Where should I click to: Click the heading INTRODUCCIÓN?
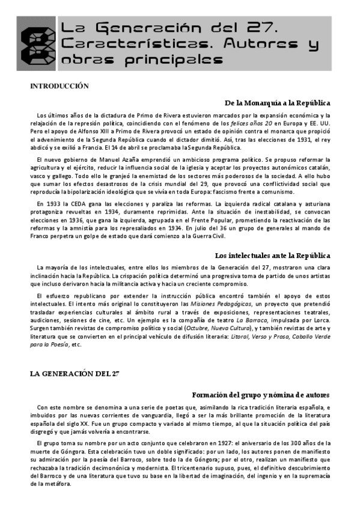[59, 87]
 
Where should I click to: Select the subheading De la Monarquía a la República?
[277, 103]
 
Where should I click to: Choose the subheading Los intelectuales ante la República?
[272, 256]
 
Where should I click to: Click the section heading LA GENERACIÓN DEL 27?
[75, 373]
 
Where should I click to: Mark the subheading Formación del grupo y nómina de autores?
[261, 395]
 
